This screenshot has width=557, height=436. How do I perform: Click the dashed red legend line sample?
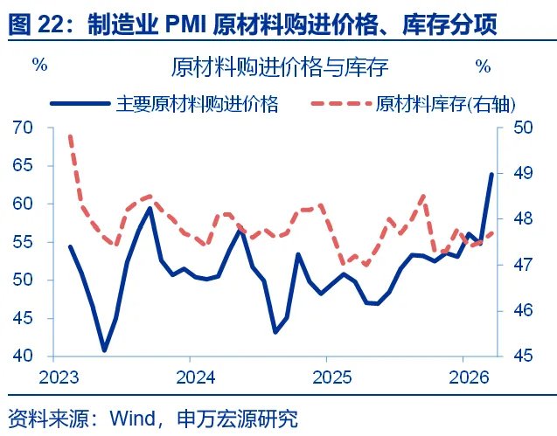(341, 104)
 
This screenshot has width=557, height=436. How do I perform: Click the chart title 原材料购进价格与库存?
(280, 66)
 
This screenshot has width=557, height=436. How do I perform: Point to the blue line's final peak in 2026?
(491, 174)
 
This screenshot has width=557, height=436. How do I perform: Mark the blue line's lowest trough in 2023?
(105, 349)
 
